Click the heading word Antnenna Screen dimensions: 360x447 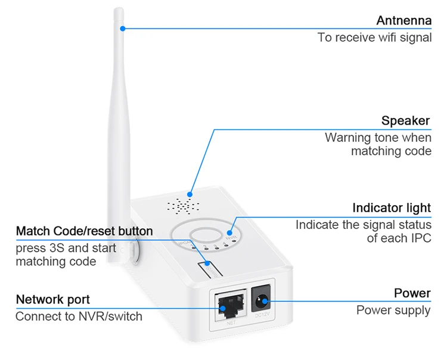tap(403, 21)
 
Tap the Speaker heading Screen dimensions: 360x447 tap(405, 121)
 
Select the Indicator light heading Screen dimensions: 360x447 tap(391, 208)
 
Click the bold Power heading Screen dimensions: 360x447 tap(412, 293)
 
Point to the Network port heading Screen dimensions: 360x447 tap(52, 299)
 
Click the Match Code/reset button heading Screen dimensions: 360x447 tap(84, 231)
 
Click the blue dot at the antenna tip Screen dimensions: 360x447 tap(122, 28)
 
